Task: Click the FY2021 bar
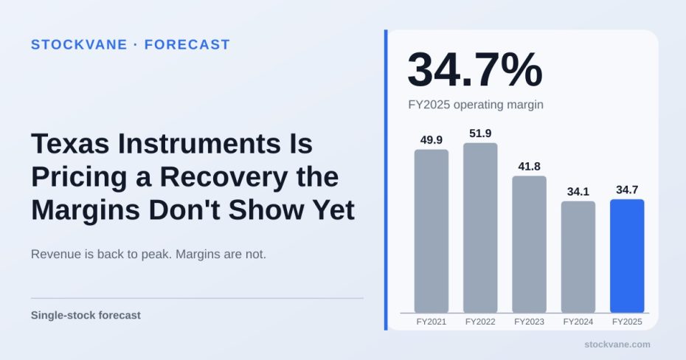432,231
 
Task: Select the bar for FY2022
480,228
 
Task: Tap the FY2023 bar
530,244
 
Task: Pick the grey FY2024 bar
578,257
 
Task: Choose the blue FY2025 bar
628,256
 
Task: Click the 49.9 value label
432,140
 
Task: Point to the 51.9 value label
480,134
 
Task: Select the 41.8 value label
530,166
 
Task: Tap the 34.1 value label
578,192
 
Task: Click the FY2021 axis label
432,322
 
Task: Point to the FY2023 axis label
530,322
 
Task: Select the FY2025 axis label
628,322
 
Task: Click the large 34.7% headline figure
475,70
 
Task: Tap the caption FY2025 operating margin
476,105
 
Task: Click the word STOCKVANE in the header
79,44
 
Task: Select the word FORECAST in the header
187,44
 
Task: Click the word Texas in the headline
70,143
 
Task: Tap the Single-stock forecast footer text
86,316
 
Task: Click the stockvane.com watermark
617,345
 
